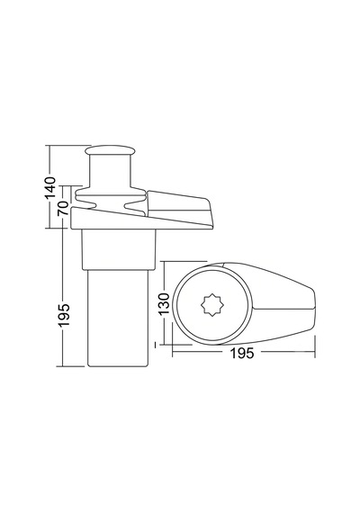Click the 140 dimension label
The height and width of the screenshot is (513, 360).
point(50,187)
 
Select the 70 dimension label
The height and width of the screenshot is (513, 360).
point(63,208)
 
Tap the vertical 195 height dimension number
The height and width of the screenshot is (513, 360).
point(64,315)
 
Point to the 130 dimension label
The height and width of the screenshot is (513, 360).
point(164,303)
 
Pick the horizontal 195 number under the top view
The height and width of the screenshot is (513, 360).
point(242,353)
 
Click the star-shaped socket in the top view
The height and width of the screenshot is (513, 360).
point(212,304)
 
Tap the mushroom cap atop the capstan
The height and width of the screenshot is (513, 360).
point(110,150)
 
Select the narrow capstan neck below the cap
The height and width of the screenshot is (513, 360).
point(110,171)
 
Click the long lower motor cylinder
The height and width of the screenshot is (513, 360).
point(118,318)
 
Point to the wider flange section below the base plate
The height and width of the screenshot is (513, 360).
point(119,249)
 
